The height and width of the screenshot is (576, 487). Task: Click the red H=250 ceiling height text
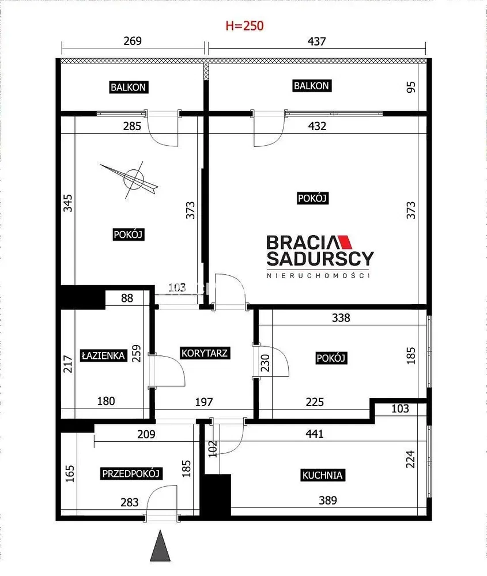(x=244, y=26)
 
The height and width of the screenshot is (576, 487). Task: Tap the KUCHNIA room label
(x=322, y=475)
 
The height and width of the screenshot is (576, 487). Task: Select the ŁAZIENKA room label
(x=103, y=355)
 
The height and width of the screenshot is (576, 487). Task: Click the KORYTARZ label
(x=205, y=353)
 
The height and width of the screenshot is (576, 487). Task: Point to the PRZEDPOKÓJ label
(x=131, y=473)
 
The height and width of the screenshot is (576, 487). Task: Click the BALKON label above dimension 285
(x=129, y=87)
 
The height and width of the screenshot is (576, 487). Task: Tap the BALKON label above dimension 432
(x=311, y=86)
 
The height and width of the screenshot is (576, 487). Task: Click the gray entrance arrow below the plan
(x=160, y=545)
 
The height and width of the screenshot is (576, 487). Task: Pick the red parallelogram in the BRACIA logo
(x=345, y=242)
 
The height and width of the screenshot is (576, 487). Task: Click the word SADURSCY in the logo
(x=320, y=259)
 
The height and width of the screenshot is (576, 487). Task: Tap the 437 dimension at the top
(x=316, y=41)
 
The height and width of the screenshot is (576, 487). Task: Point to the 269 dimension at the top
(x=133, y=40)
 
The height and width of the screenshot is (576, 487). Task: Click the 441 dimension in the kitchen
(x=314, y=434)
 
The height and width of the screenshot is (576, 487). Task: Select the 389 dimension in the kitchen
(x=327, y=501)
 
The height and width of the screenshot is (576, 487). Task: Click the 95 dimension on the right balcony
(x=412, y=87)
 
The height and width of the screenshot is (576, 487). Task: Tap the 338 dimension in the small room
(x=341, y=317)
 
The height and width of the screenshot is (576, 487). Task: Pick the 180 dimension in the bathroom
(x=106, y=401)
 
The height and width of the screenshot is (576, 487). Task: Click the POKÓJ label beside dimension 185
(x=331, y=358)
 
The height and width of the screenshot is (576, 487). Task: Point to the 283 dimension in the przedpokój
(x=129, y=502)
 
